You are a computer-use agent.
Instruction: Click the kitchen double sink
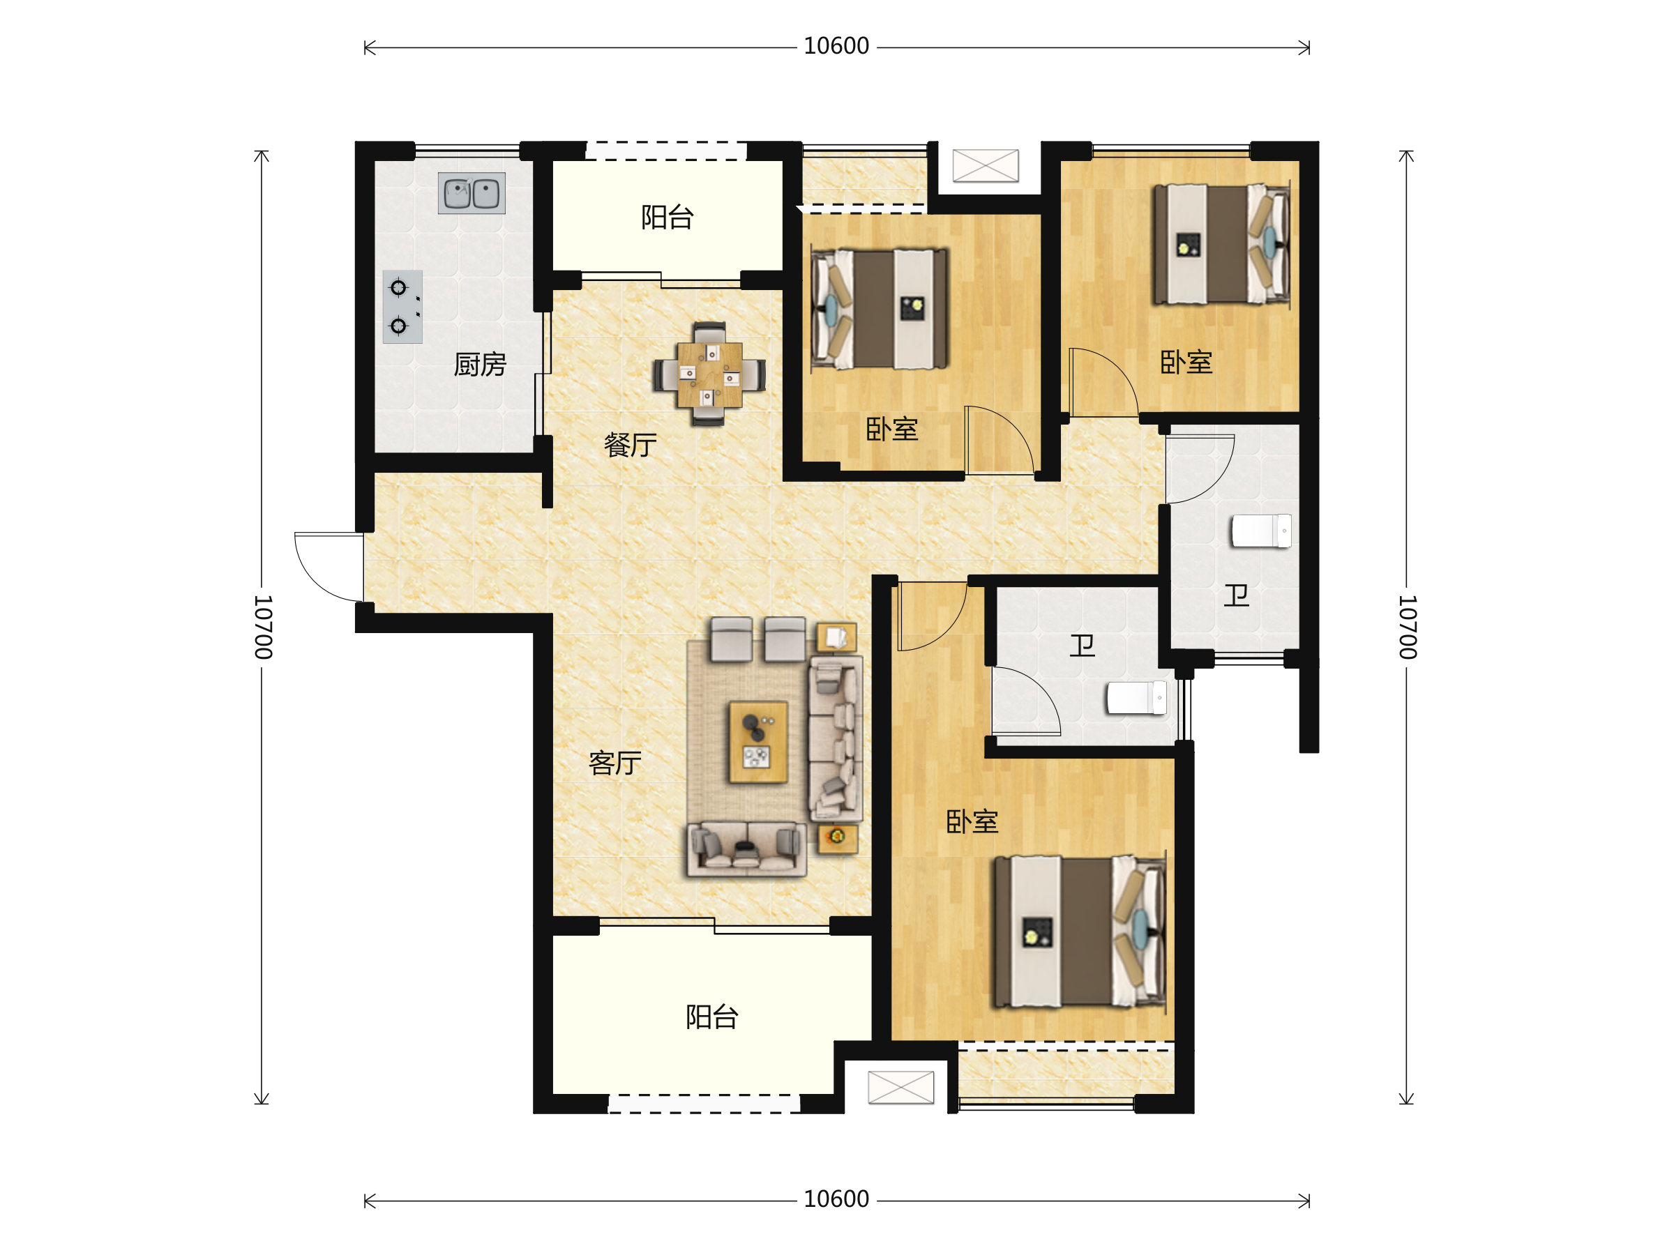472,193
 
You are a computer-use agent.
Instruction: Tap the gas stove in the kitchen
402,306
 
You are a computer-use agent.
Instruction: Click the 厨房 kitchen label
480,365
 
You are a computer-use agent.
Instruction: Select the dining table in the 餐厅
710,374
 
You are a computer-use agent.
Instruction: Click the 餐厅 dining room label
630,445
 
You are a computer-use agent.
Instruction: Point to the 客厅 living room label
614,763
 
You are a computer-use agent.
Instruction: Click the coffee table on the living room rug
757,742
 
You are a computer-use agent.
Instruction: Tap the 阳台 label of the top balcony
668,217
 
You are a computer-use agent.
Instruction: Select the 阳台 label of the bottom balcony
712,1017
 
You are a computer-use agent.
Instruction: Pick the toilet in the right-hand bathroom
1261,531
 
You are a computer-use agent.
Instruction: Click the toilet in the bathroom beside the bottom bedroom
1136,698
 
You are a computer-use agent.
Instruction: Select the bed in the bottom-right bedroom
1080,931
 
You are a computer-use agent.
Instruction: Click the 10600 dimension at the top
836,46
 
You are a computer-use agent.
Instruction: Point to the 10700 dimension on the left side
262,626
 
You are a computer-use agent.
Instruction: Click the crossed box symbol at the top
986,166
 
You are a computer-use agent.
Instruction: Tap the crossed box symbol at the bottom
900,1087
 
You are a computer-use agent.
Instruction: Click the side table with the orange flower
838,838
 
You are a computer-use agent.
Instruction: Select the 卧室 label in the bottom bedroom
972,821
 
